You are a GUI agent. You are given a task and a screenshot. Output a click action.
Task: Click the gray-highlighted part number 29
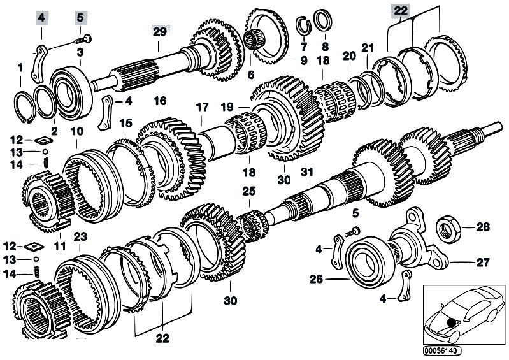[159, 31]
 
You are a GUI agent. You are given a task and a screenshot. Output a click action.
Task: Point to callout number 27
[482, 261]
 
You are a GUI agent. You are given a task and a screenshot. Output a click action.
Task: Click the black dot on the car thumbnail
[452, 322]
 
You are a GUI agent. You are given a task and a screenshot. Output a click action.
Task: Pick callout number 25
[247, 191]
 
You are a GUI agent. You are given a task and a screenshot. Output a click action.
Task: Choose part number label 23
[79, 236]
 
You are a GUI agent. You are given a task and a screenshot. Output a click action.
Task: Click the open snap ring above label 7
[305, 26]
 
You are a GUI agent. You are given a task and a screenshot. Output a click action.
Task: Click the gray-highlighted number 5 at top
[81, 17]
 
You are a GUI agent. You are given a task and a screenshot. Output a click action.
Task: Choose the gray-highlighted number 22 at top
[400, 10]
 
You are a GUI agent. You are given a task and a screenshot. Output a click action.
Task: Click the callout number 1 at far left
[20, 66]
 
